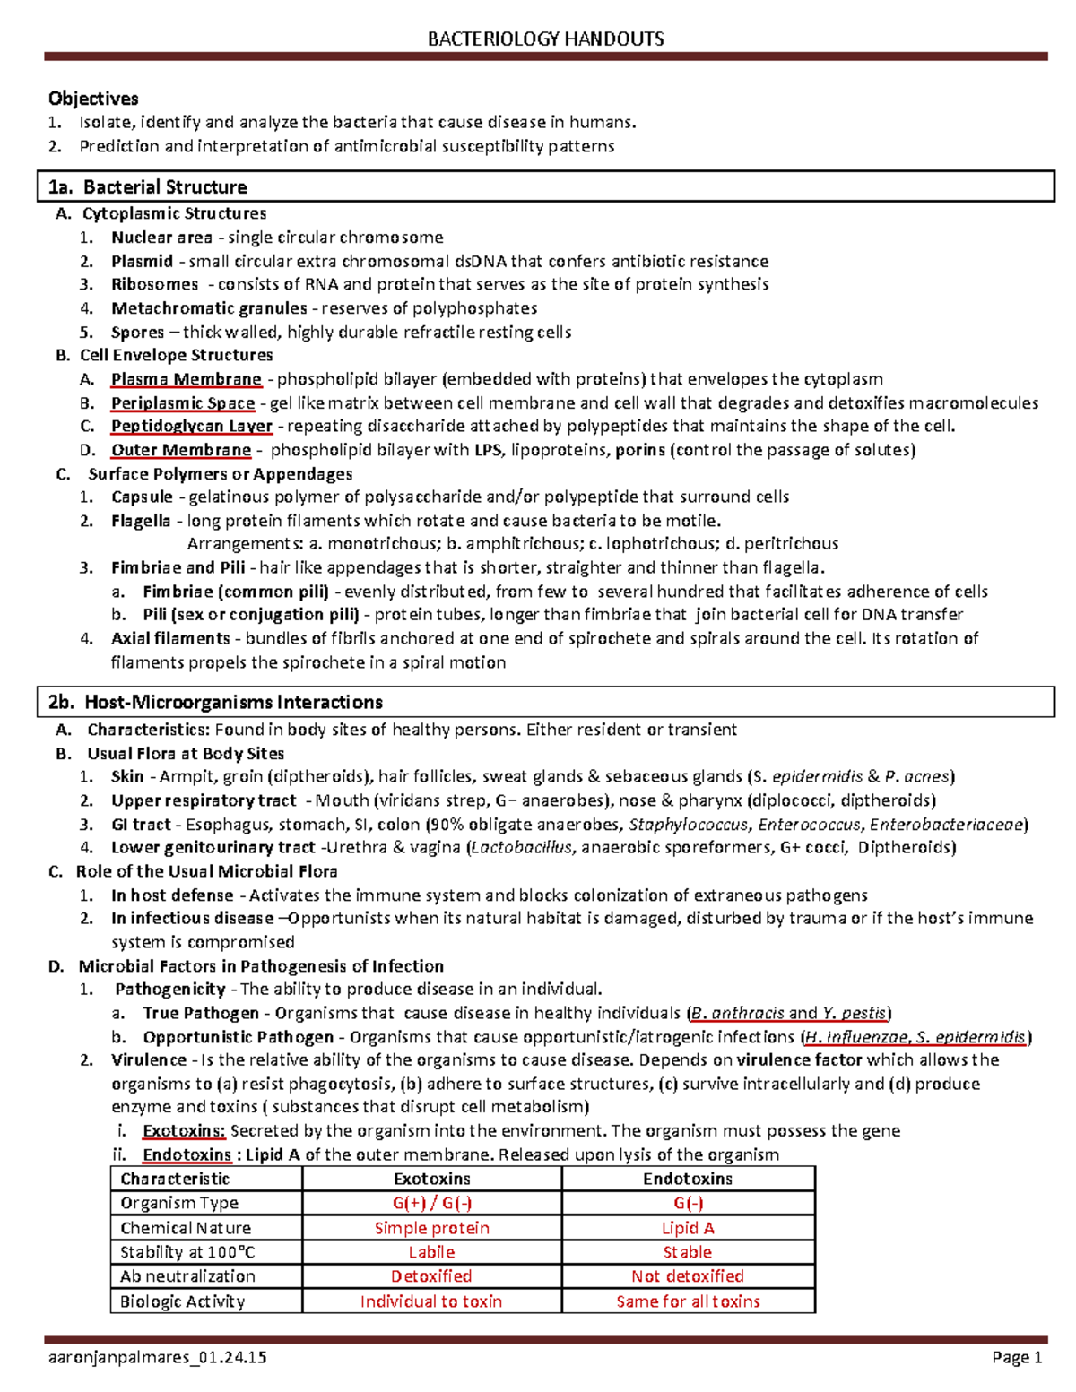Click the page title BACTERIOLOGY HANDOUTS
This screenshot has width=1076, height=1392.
click(545, 39)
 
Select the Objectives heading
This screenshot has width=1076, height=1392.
click(93, 99)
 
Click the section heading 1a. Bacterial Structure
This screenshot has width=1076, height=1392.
click(148, 187)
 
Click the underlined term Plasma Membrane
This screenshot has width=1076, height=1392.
click(186, 379)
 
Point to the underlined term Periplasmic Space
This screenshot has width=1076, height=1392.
click(183, 403)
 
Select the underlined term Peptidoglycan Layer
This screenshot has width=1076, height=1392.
click(191, 426)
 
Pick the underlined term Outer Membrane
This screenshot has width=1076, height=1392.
click(181, 450)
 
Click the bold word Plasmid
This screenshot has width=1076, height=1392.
click(142, 261)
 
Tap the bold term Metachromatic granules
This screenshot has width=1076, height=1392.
click(209, 308)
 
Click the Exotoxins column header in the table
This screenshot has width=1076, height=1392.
click(432, 1179)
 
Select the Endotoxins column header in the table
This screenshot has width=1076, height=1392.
click(688, 1179)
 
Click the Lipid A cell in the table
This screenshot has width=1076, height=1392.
click(688, 1228)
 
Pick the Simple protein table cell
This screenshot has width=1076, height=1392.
click(432, 1228)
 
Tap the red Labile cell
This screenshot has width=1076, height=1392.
click(432, 1252)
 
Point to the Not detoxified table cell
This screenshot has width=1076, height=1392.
click(688, 1275)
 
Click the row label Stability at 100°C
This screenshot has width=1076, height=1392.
click(188, 1252)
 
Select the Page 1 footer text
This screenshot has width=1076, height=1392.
click(1017, 1357)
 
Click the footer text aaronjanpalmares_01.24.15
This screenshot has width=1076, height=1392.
click(157, 1357)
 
